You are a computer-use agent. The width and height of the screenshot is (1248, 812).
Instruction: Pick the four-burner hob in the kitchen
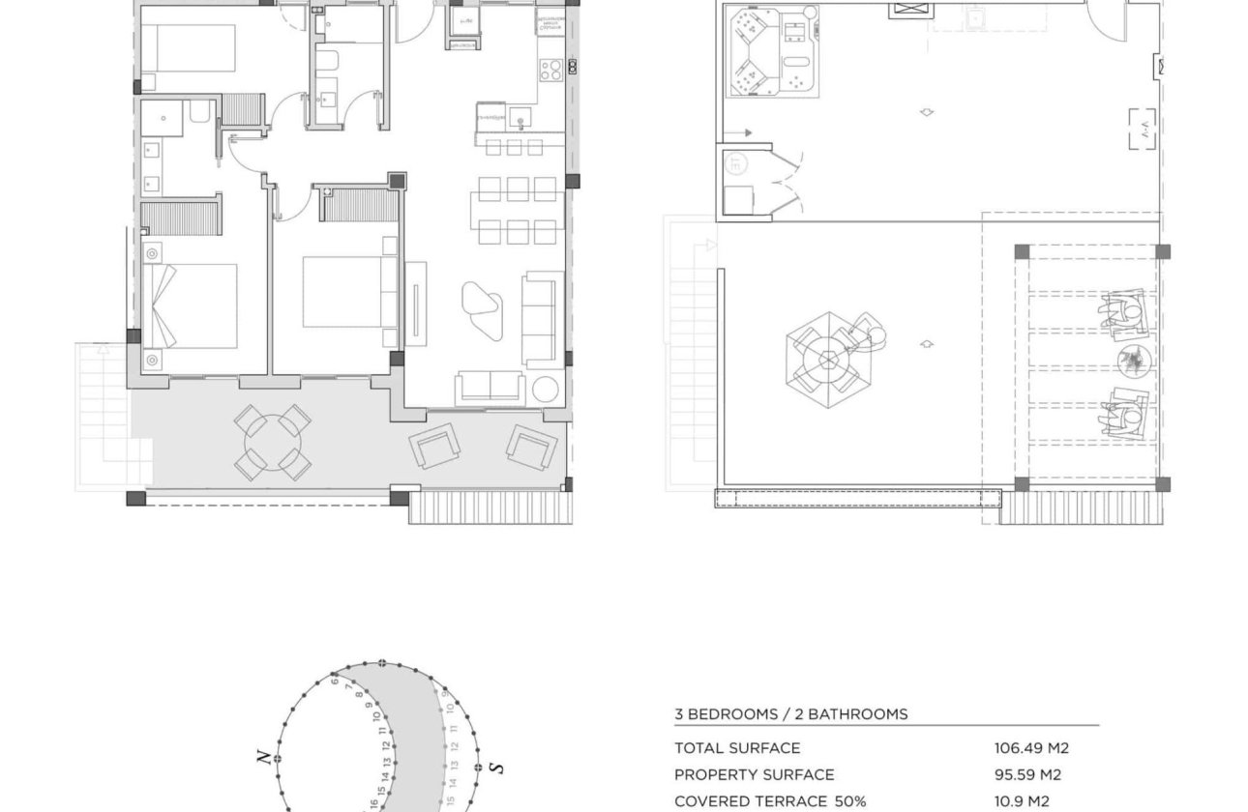[550, 70]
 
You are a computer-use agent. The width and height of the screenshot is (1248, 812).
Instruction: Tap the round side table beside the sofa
[546, 390]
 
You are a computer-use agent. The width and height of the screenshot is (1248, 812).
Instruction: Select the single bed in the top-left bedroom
[188, 48]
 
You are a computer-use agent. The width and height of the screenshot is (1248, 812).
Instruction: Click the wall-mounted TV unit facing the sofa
[416, 303]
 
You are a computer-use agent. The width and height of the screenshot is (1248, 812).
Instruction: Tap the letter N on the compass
[263, 757]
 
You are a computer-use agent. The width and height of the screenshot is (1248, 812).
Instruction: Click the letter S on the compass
[497, 768]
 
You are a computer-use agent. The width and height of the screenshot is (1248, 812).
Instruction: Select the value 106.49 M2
[1031, 747]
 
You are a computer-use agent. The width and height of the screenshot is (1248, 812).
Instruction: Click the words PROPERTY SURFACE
[754, 774]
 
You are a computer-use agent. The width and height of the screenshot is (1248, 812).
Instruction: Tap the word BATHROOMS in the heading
[851, 714]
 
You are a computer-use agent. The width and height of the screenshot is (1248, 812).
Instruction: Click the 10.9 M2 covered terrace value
[1022, 801]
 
